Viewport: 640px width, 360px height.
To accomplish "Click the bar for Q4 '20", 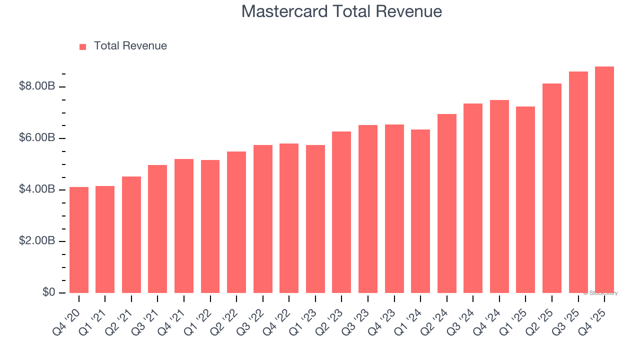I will coord(79,240).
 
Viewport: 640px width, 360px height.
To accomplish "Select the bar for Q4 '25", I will coord(604,180).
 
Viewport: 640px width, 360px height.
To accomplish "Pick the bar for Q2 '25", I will coord(552,188).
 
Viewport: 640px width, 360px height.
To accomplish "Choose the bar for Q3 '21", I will coord(157,229).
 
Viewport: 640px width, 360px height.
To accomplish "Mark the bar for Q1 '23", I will coord(315,219).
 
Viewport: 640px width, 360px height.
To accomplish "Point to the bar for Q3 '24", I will coord(473,198).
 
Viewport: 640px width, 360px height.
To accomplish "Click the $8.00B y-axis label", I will coord(36,86).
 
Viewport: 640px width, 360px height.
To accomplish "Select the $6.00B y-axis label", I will coord(36,138).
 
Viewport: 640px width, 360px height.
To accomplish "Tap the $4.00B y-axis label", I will coord(36,189).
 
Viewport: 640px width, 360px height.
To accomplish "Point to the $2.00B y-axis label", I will coord(36,241).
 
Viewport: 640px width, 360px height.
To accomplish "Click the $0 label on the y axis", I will coord(48,292).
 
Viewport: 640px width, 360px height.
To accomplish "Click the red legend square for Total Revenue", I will coord(83,46).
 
